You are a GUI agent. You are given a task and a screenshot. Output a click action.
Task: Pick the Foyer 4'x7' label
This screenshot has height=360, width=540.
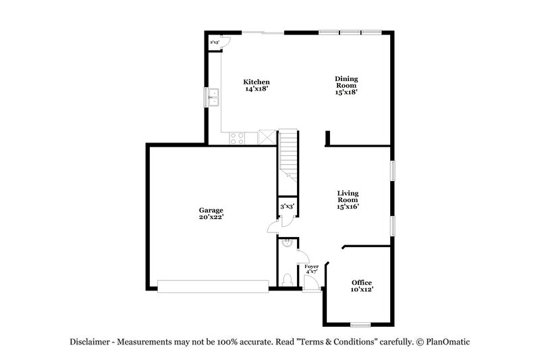[311, 269]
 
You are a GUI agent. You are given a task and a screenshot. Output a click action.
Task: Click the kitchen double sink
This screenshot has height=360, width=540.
[214, 97]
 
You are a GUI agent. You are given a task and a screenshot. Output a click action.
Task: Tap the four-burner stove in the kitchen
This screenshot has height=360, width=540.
[237, 138]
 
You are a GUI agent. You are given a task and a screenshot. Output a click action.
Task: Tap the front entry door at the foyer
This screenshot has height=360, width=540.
[311, 284]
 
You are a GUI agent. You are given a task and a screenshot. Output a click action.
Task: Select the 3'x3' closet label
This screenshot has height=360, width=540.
[287, 207]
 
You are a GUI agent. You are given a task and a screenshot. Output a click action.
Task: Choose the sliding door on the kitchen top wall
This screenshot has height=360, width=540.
[263, 32]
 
